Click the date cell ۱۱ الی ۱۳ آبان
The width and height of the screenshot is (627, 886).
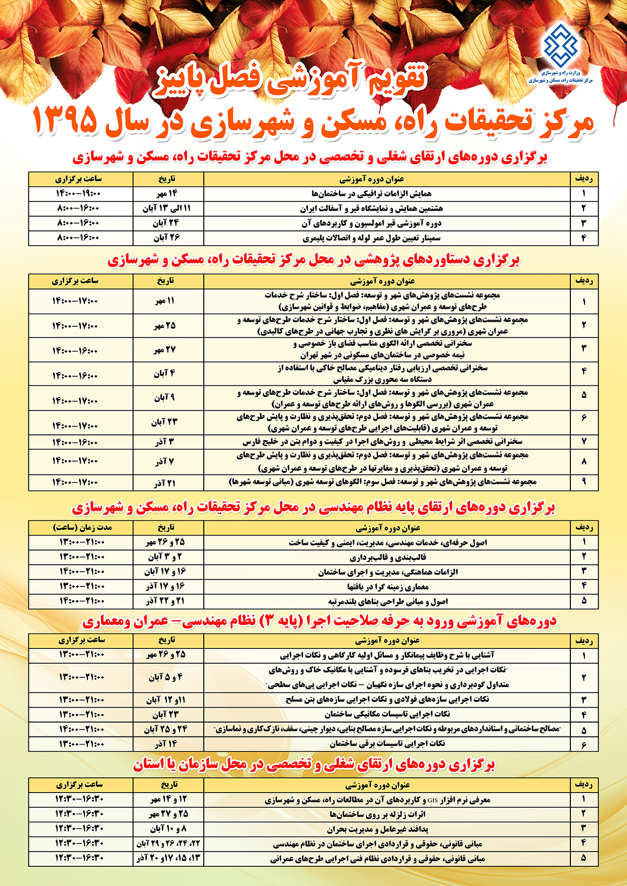(166, 208)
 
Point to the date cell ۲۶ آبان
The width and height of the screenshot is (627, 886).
(166, 237)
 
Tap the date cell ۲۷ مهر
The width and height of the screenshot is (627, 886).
(165, 350)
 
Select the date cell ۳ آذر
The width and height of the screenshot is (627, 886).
(165, 442)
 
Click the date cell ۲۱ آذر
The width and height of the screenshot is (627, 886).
(165, 482)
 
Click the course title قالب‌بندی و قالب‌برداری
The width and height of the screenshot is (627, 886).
(388, 557)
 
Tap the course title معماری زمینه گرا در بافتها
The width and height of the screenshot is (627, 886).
(388, 586)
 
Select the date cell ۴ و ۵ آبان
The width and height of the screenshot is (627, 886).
(165, 677)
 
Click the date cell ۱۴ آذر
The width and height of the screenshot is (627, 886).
(165, 744)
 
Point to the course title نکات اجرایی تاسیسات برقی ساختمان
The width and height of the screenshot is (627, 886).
(387, 744)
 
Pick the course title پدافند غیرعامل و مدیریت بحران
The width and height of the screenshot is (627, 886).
(378, 829)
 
